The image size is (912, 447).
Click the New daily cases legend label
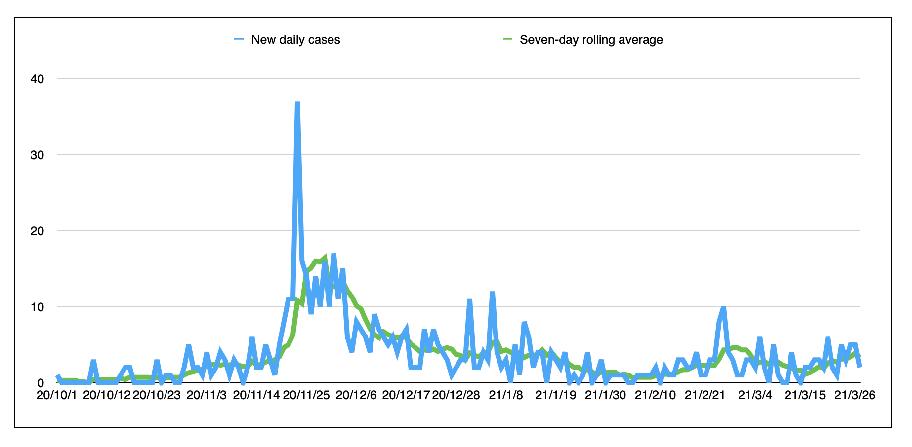click(295, 40)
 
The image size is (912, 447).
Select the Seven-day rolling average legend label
click(591, 40)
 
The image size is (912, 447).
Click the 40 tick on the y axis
click(38, 79)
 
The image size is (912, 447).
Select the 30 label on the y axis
click(38, 155)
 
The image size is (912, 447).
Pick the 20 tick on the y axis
click(38, 231)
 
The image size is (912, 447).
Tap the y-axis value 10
click(38, 307)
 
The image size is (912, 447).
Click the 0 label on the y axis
click(41, 383)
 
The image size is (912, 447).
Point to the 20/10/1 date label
click(57, 395)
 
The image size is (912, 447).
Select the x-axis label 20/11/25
click(306, 395)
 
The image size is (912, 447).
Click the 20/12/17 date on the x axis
click(406, 395)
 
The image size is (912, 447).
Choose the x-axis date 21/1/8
click(506, 395)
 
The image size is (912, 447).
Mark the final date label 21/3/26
click(855, 395)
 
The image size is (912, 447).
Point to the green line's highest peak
click(325, 257)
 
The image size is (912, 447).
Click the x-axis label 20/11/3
click(207, 395)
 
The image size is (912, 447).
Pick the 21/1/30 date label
click(605, 395)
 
